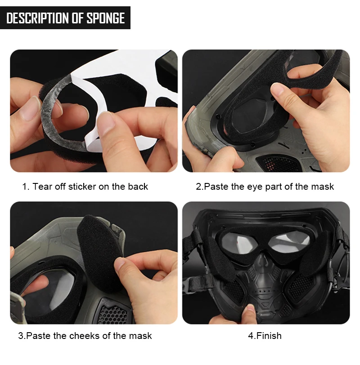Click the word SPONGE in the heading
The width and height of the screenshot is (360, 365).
point(106,18)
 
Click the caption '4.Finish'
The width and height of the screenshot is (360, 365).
point(265,336)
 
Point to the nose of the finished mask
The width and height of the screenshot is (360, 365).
point(263,261)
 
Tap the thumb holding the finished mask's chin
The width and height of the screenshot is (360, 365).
point(249,314)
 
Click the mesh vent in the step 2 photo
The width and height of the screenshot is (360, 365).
point(279,163)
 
